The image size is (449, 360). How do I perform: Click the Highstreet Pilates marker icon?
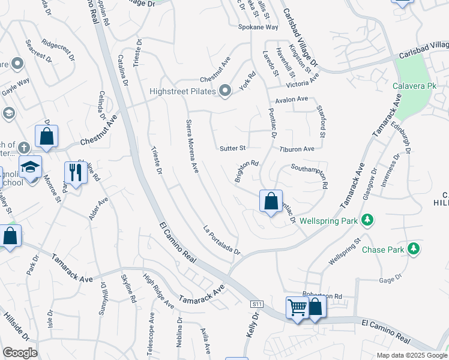(225, 91)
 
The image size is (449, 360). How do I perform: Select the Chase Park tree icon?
(413, 248)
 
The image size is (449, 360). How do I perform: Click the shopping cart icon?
(297, 307)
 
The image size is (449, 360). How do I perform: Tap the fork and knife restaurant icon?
(76, 173)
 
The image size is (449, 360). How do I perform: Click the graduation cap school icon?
(30, 167)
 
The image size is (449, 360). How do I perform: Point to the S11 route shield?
(258, 304)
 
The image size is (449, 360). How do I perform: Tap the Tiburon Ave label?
(297, 149)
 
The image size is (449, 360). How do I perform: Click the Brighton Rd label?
(246, 171)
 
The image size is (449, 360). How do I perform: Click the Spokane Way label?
(258, 28)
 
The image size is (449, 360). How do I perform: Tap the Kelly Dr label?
(252, 331)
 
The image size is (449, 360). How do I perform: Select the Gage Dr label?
(390, 279)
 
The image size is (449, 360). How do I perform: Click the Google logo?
(20, 353)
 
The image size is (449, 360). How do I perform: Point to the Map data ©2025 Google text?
(411, 355)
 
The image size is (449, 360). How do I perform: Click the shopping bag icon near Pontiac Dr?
(271, 200)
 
